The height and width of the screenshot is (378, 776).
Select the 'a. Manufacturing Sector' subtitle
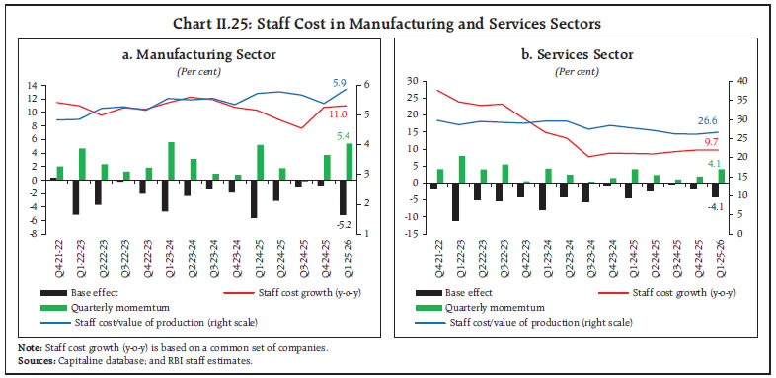point(198,54)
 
